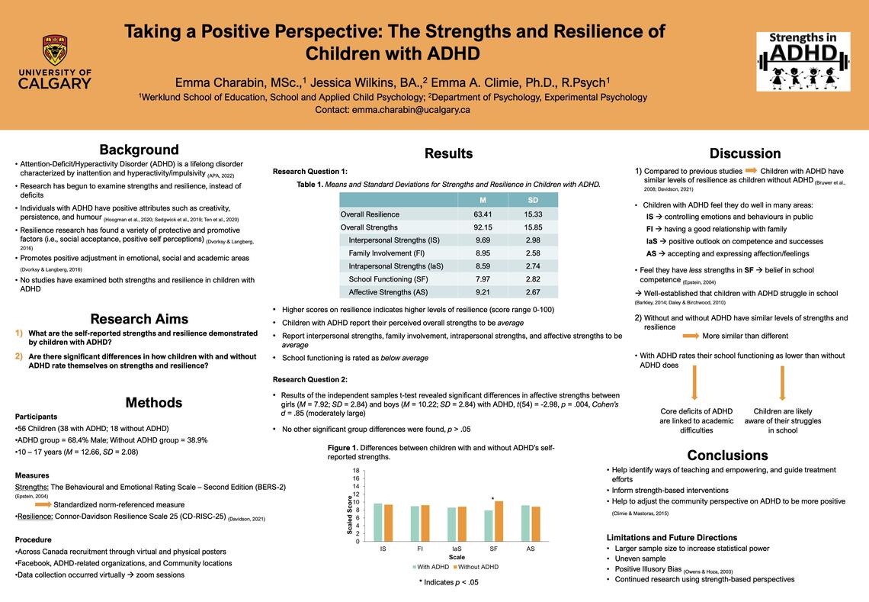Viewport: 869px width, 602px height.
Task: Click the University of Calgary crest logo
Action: click(54, 50)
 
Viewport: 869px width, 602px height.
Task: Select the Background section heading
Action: click(139, 150)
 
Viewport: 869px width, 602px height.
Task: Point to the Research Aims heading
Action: click(139, 319)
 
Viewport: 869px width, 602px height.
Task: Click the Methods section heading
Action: click(153, 402)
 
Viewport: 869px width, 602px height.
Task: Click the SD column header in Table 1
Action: click(532, 201)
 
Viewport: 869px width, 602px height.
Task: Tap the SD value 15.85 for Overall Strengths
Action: click(532, 227)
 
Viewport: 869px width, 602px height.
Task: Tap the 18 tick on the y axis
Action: click(356, 471)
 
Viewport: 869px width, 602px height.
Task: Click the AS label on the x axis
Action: click(531, 547)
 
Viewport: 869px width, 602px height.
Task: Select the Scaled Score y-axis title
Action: click(351, 514)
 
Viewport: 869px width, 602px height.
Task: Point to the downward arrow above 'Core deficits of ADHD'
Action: click(695, 384)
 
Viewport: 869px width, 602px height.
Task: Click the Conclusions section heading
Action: click(727, 456)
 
